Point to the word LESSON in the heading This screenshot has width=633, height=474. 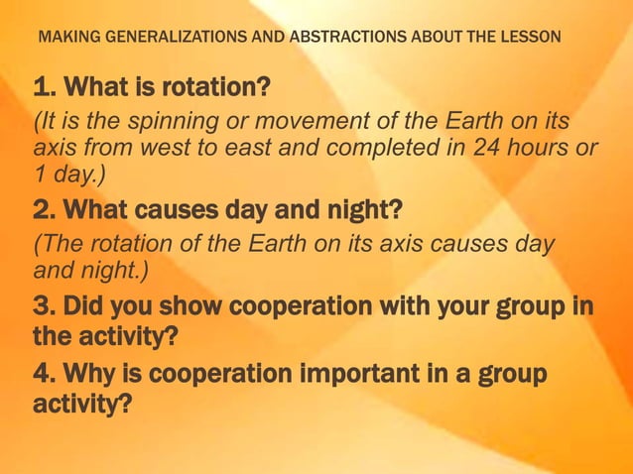532,39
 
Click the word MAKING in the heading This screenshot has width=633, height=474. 65,39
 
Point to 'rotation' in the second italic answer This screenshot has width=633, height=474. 110,243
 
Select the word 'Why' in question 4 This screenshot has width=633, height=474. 90,375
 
